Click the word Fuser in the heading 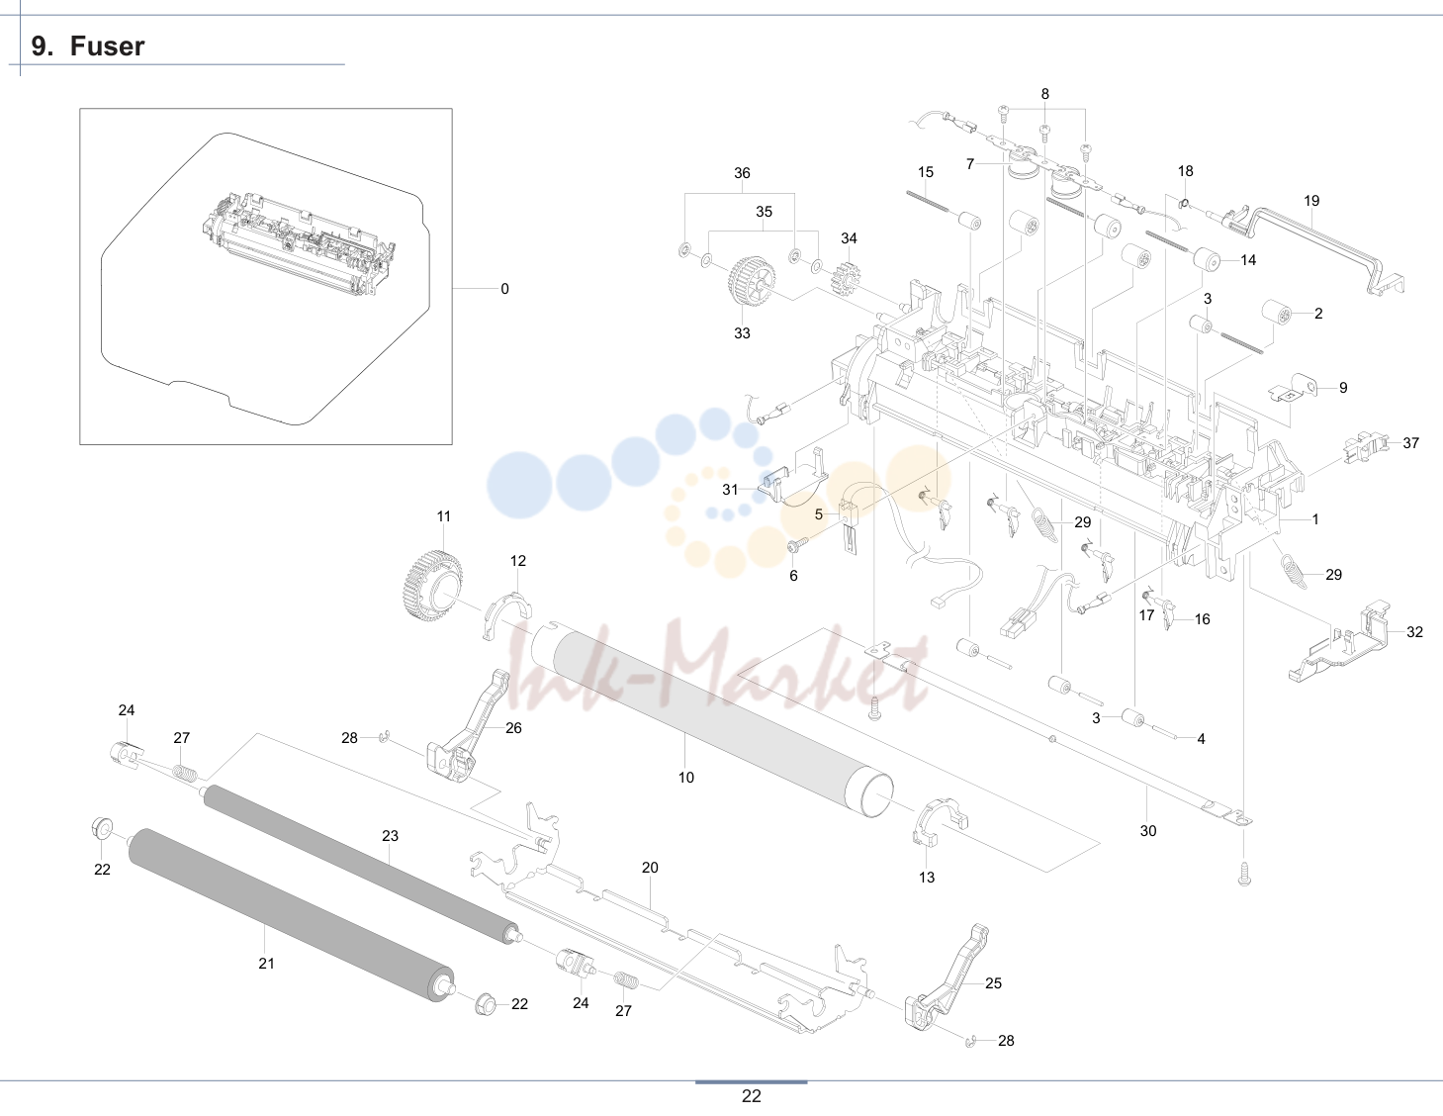point(107,46)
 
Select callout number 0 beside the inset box point(504,289)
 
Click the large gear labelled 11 point(433,586)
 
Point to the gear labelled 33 point(752,282)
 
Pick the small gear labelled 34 point(846,278)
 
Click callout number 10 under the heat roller point(686,778)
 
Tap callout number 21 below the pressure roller point(266,964)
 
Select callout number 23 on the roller point(390,836)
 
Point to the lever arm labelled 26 point(467,727)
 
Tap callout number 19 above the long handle point(1311,201)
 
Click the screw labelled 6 point(795,545)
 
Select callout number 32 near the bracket point(1415,632)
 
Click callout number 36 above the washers point(742,173)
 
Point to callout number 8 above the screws point(1045,94)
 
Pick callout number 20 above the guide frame point(650,868)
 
